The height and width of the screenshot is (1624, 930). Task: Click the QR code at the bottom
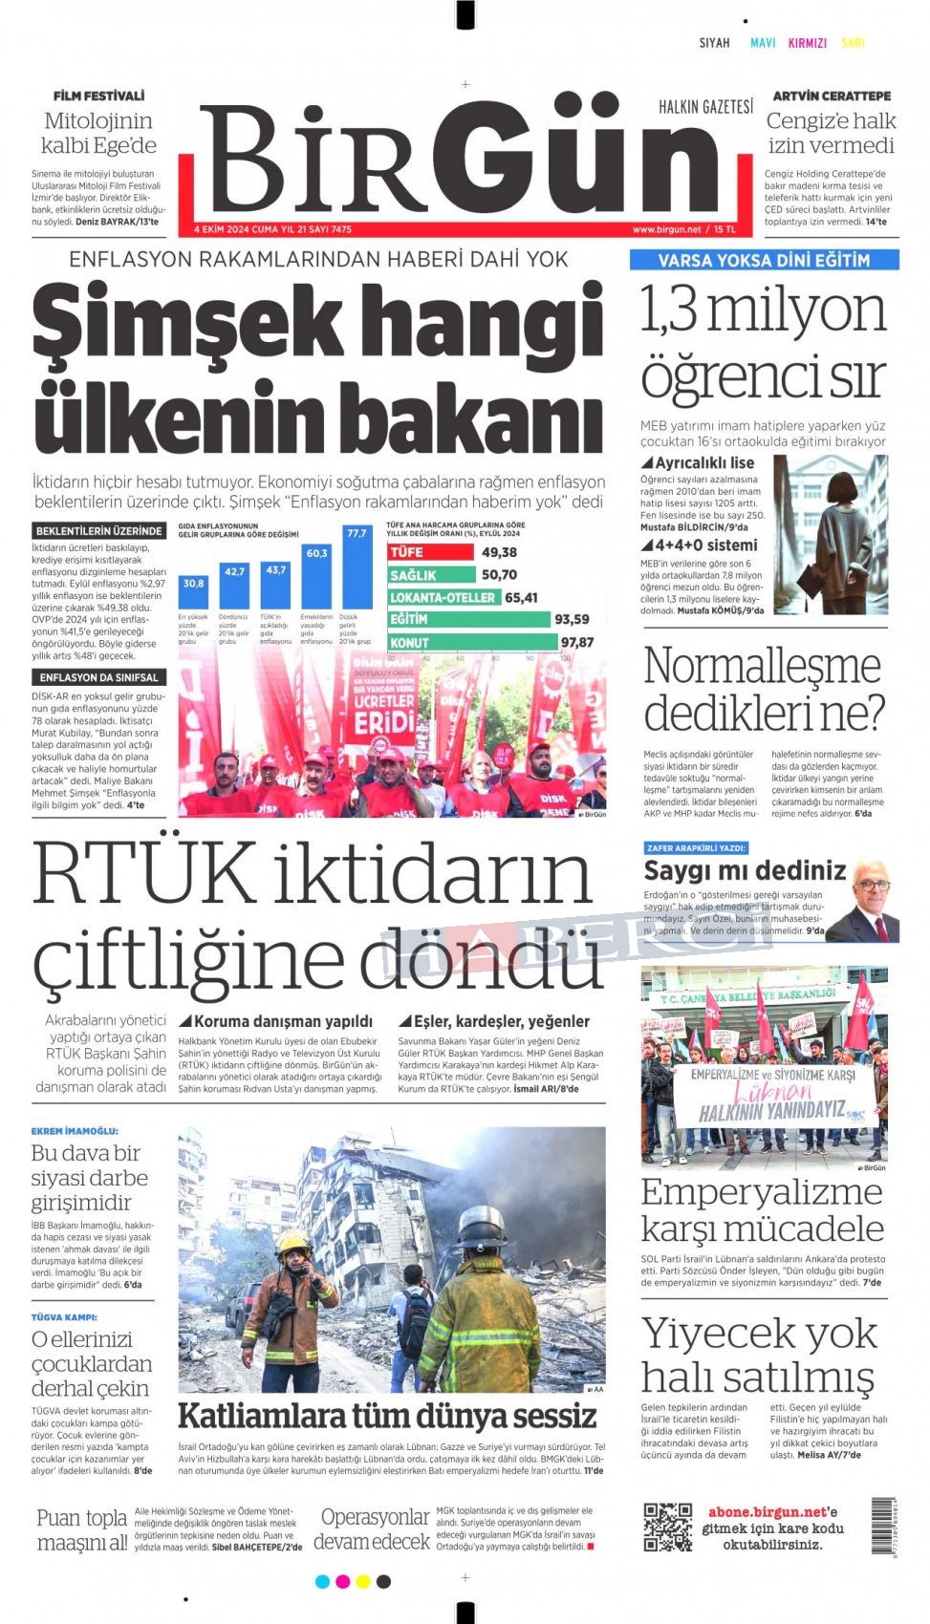pos(667,1526)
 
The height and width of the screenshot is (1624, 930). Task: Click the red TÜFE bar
pos(430,552)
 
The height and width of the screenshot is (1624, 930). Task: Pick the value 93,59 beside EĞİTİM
pos(572,620)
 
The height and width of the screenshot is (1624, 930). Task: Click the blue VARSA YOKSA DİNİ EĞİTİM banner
pos(764,260)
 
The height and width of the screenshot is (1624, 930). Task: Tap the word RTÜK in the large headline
pos(143,874)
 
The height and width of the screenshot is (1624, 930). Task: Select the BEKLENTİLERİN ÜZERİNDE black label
pos(98,531)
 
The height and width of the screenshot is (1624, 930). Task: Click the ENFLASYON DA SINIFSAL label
pos(98,677)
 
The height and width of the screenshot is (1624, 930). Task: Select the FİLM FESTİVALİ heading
pos(98,96)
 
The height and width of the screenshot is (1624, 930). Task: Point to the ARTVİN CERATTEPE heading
pos(831,96)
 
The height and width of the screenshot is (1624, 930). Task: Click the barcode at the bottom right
pos(882,1527)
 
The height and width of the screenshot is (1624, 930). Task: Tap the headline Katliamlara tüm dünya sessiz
pos(387,1415)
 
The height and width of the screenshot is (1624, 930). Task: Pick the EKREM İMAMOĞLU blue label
pos(75,1131)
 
